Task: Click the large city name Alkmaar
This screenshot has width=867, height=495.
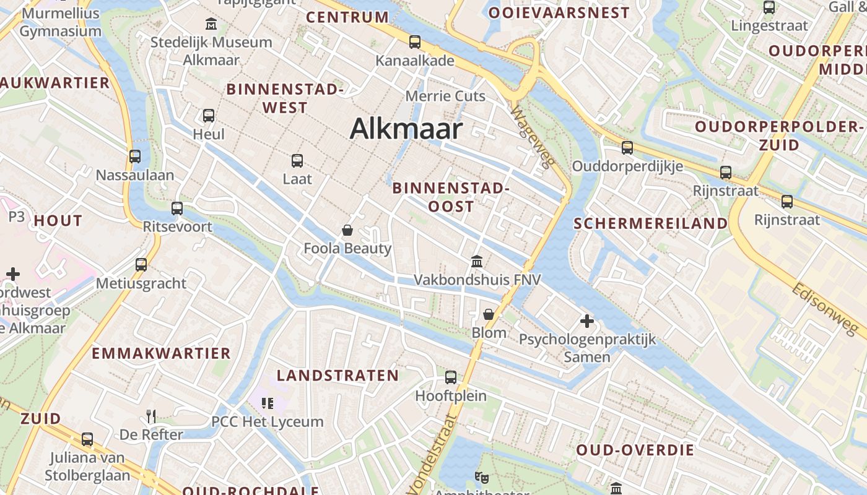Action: pos(406,129)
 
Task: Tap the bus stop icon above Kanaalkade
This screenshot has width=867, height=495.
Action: pos(415,42)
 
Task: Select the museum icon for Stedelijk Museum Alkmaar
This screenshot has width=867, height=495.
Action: pos(211,24)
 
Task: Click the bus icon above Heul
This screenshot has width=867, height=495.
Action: pos(209,115)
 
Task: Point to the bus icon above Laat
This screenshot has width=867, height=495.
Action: pos(297,161)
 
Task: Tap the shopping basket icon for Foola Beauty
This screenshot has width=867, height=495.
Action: pos(347,231)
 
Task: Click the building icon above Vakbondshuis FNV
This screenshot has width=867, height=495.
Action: pos(477,261)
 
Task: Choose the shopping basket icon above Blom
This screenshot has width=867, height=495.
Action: pos(489,314)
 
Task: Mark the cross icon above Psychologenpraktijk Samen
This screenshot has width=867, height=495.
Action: pos(587,321)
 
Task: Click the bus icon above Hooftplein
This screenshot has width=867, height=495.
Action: pos(451,377)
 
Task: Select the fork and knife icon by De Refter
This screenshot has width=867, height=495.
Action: pos(151,416)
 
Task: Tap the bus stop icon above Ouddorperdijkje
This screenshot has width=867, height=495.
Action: pos(627,148)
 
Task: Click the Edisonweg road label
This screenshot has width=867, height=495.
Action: pos(829,311)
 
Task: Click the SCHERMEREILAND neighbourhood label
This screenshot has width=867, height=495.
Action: pos(651,223)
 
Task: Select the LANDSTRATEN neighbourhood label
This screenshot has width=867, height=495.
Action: pos(338,376)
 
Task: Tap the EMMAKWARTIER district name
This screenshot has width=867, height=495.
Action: pos(161,353)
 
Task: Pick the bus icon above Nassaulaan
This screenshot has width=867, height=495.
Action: pos(135,157)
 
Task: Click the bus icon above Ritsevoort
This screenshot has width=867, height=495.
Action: pos(177,208)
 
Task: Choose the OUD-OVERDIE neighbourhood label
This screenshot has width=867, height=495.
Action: pos(635,450)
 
